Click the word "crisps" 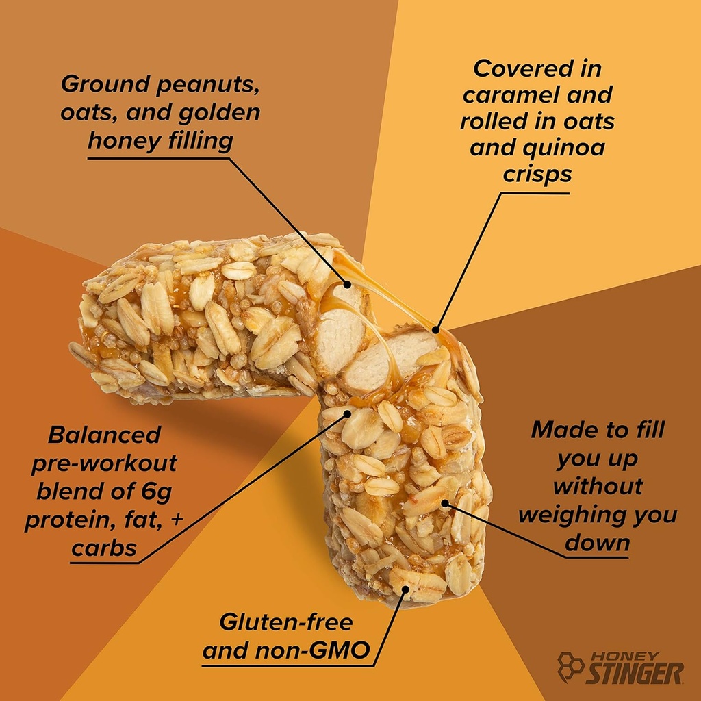pyautogui.click(x=537, y=174)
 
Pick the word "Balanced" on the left pyautogui.click(x=104, y=435)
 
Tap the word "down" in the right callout pyautogui.click(x=597, y=543)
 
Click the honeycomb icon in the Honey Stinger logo pyautogui.click(x=570, y=666)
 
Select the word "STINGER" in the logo pyautogui.click(x=634, y=673)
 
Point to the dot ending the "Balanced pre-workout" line pyautogui.click(x=347, y=413)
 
